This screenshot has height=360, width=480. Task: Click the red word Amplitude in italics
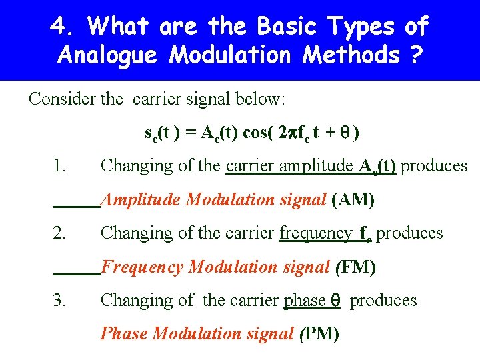pyautogui.click(x=141, y=199)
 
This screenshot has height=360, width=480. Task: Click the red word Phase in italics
pyautogui.click(x=124, y=333)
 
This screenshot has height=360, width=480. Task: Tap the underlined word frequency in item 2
pyautogui.click(x=316, y=233)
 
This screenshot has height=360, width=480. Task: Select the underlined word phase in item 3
pyautogui.click(x=305, y=300)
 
